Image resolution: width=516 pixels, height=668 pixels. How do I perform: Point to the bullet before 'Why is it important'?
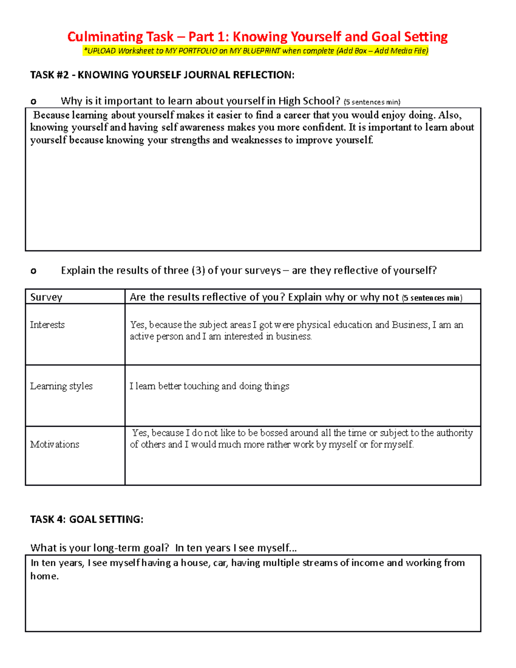click(x=33, y=102)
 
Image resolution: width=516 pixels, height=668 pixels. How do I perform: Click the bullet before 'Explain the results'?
click(x=33, y=271)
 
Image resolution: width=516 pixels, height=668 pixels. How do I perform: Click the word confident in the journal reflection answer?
click(x=324, y=128)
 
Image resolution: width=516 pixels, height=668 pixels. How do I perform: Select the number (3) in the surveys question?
click(x=198, y=271)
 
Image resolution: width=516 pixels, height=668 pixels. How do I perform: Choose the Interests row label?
click(x=47, y=325)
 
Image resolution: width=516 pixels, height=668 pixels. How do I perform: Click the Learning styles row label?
click(x=61, y=386)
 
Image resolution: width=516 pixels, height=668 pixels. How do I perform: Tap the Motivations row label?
click(x=55, y=444)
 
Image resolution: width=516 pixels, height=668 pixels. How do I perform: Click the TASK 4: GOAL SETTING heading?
click(x=86, y=520)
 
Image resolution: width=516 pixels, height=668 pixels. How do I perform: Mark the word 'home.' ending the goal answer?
click(x=44, y=576)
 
